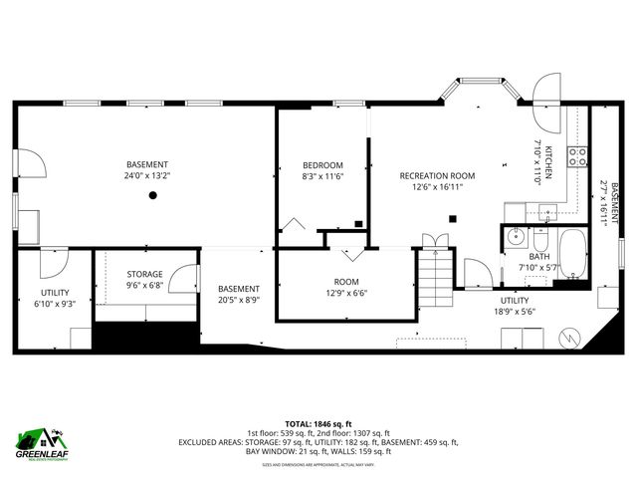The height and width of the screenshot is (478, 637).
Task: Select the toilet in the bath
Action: pyautogui.click(x=540, y=240)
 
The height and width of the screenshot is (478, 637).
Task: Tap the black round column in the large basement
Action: pyautogui.click(x=152, y=196)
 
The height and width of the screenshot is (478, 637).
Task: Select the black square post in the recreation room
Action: pyautogui.click(x=453, y=218)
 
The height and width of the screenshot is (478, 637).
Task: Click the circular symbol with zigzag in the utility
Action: pyautogui.click(x=566, y=337)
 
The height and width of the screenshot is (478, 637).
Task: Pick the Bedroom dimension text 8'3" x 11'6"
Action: pyautogui.click(x=322, y=177)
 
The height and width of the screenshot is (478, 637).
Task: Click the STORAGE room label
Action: pyautogui.click(x=144, y=274)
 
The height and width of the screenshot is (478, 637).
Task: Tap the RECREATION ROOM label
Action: pyautogui.click(x=431, y=175)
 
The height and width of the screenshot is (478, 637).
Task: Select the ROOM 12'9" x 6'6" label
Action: pyautogui.click(x=345, y=288)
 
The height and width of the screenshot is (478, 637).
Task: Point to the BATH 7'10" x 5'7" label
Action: pyautogui.click(x=537, y=262)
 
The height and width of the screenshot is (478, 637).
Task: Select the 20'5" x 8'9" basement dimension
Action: pyautogui.click(x=238, y=300)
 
